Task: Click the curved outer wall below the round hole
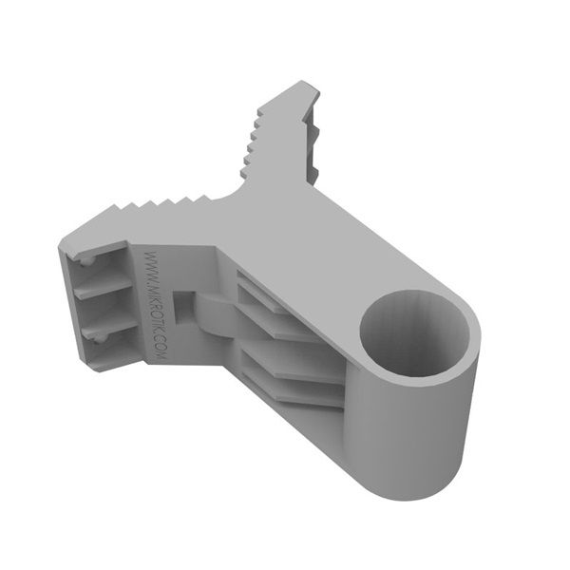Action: tap(418, 437)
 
